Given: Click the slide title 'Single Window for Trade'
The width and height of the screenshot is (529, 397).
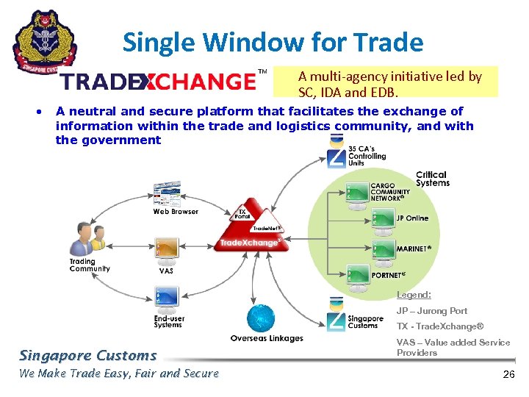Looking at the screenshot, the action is (273, 42).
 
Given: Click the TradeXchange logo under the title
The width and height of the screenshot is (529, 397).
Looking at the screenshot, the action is (158, 80).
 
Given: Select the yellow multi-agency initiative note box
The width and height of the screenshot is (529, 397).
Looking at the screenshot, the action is (385, 82).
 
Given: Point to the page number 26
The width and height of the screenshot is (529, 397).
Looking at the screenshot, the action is (508, 374).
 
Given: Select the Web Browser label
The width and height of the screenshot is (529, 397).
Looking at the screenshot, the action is (176, 212).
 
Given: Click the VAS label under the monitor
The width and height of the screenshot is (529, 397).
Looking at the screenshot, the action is (167, 271).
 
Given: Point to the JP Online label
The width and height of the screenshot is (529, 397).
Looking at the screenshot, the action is (412, 218).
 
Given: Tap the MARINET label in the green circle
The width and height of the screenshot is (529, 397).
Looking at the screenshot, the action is (414, 249).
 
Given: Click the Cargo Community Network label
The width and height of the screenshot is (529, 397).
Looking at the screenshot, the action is (391, 192).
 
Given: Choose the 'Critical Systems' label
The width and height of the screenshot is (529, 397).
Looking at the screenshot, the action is (432, 179).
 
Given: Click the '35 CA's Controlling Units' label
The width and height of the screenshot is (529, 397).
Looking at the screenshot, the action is (367, 157).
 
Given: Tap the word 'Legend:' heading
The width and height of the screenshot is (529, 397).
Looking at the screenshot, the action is (414, 295).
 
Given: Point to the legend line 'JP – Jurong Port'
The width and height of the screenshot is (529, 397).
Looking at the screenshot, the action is (432, 311).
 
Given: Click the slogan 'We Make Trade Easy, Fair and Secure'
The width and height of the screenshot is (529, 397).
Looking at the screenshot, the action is (119, 373).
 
